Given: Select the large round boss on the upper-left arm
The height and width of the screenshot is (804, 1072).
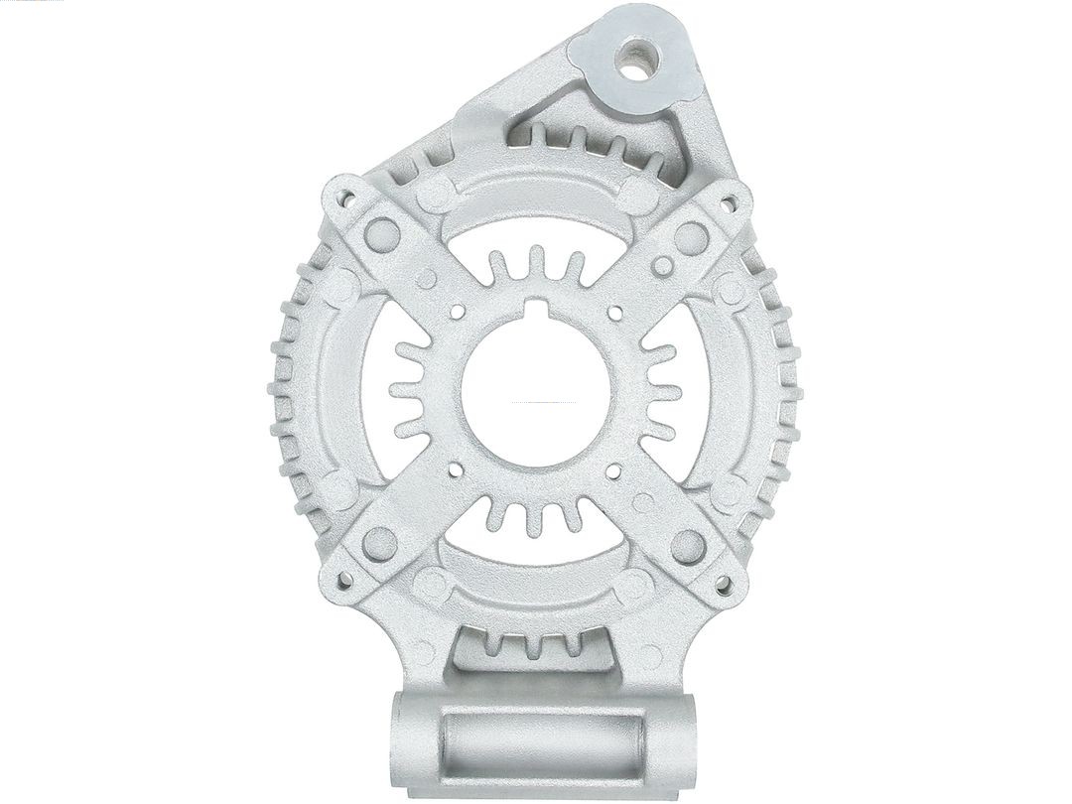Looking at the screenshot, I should coord(381,234).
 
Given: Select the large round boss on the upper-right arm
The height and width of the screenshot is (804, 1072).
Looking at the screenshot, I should coord(691,237).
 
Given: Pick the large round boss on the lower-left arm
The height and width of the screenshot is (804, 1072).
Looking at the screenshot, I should coord(380,543).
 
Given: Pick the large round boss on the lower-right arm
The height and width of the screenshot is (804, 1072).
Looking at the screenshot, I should coord(688,545).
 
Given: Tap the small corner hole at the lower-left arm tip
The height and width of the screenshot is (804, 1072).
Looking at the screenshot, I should coord(344,580).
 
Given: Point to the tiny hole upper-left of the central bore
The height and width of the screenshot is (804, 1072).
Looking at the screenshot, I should coord(457,312).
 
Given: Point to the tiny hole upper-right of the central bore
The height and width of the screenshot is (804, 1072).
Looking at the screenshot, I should coord(614,313).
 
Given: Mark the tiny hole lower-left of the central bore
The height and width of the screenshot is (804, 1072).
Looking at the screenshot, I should coord(456,469).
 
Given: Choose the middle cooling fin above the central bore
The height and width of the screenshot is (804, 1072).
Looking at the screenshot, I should coord(536,264).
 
